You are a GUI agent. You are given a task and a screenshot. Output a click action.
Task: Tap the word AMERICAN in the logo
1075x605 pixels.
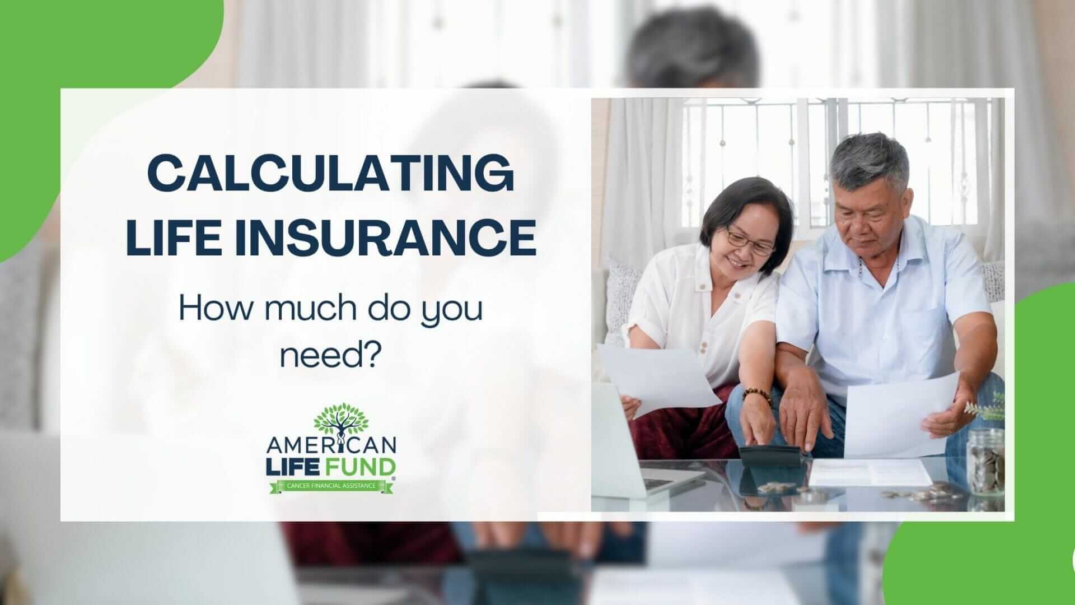pos(332,446)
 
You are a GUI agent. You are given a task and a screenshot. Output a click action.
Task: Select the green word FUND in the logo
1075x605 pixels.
pos(363,466)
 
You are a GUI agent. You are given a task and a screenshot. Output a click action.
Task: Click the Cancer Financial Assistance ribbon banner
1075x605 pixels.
pos(331,485)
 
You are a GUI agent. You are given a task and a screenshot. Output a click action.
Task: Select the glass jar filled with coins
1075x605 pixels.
pos(985,461)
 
